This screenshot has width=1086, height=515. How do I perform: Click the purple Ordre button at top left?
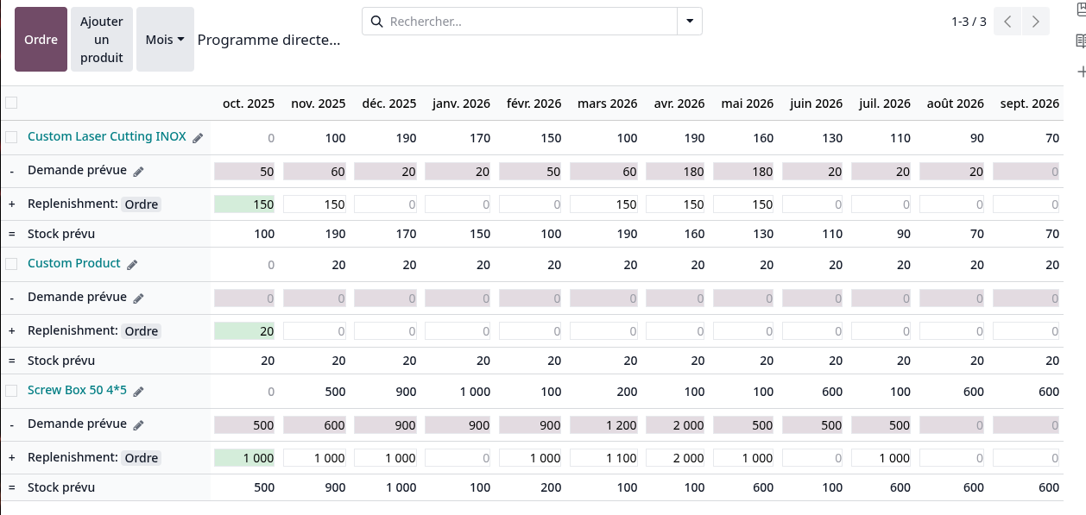pyautogui.click(x=41, y=40)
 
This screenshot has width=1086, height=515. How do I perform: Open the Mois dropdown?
pyautogui.click(x=165, y=40)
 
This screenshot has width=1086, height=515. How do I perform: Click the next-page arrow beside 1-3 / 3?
pyautogui.click(x=1035, y=22)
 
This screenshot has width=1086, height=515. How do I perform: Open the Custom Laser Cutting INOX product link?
pyautogui.click(x=106, y=136)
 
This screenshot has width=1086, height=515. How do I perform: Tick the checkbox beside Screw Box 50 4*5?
pyautogui.click(x=11, y=391)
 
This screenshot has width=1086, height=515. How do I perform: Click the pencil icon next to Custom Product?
pyautogui.click(x=133, y=264)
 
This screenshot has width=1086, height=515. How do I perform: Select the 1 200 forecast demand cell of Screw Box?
pyautogui.click(x=603, y=424)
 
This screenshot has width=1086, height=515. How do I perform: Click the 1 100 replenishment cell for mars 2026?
pyautogui.click(x=603, y=458)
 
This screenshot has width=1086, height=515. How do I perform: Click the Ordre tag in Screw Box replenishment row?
pyautogui.click(x=142, y=458)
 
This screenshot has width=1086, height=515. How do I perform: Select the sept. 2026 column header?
pyautogui.click(x=1029, y=104)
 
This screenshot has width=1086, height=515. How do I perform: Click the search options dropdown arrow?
pyautogui.click(x=689, y=22)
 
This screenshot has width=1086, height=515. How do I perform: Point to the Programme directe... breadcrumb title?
pyautogui.click(x=268, y=40)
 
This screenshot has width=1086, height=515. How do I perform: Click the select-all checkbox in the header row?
pyautogui.click(x=11, y=103)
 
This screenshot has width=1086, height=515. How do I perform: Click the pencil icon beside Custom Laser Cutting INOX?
pyautogui.click(x=198, y=138)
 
